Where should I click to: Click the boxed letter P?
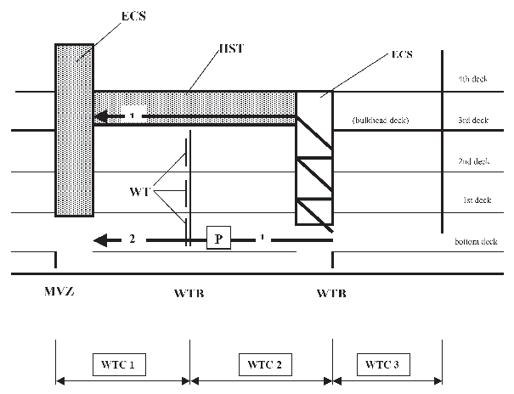coord(218,239)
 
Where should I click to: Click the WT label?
coord(141,193)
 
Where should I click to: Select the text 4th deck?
coord(470,80)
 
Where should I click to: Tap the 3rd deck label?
coord(470,120)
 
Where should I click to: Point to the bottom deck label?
coord(475,242)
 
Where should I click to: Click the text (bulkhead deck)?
coord(381,121)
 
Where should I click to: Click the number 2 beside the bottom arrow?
coord(133,239)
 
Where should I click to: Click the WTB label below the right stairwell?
coord(331,294)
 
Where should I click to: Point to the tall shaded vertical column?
coord(74,132)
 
